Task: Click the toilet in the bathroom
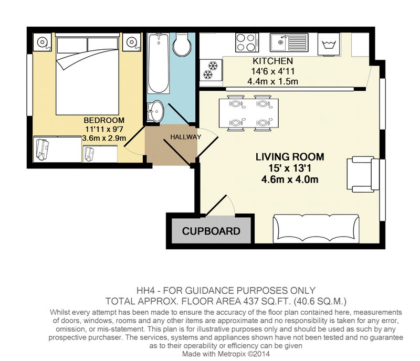(182, 45)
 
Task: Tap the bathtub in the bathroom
(159, 63)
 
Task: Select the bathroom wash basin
(155, 111)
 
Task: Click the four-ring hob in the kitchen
(247, 43)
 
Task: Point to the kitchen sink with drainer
(289, 43)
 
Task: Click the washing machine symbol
(329, 45)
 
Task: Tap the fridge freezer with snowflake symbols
(211, 70)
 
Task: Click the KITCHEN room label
(272, 61)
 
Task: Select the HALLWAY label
(186, 137)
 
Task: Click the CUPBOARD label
(211, 231)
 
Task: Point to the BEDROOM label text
(104, 120)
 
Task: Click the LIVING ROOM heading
(290, 157)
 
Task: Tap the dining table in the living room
(248, 113)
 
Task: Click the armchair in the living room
(363, 175)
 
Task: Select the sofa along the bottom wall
(316, 229)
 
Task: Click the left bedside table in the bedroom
(42, 42)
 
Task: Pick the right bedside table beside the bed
(132, 42)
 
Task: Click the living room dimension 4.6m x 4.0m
(290, 179)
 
